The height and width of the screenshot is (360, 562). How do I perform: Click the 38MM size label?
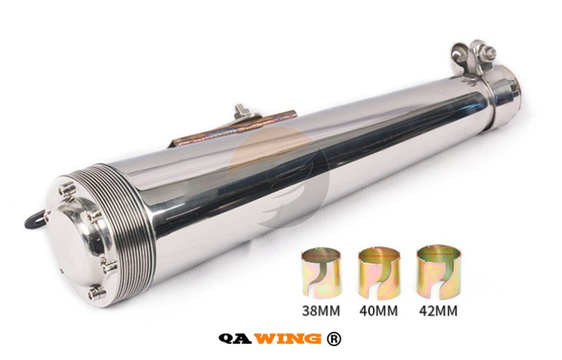[321, 310]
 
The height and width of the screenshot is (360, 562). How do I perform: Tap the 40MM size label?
[379, 310]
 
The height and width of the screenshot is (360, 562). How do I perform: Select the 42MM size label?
[438, 310]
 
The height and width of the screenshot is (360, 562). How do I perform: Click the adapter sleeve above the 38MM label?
[321, 274]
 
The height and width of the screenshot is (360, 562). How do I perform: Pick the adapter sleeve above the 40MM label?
[379, 274]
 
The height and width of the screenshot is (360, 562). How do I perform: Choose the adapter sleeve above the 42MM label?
[438, 273]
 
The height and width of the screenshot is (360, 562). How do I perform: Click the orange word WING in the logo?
[289, 338]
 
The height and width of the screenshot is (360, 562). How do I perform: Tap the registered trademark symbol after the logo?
[334, 338]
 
